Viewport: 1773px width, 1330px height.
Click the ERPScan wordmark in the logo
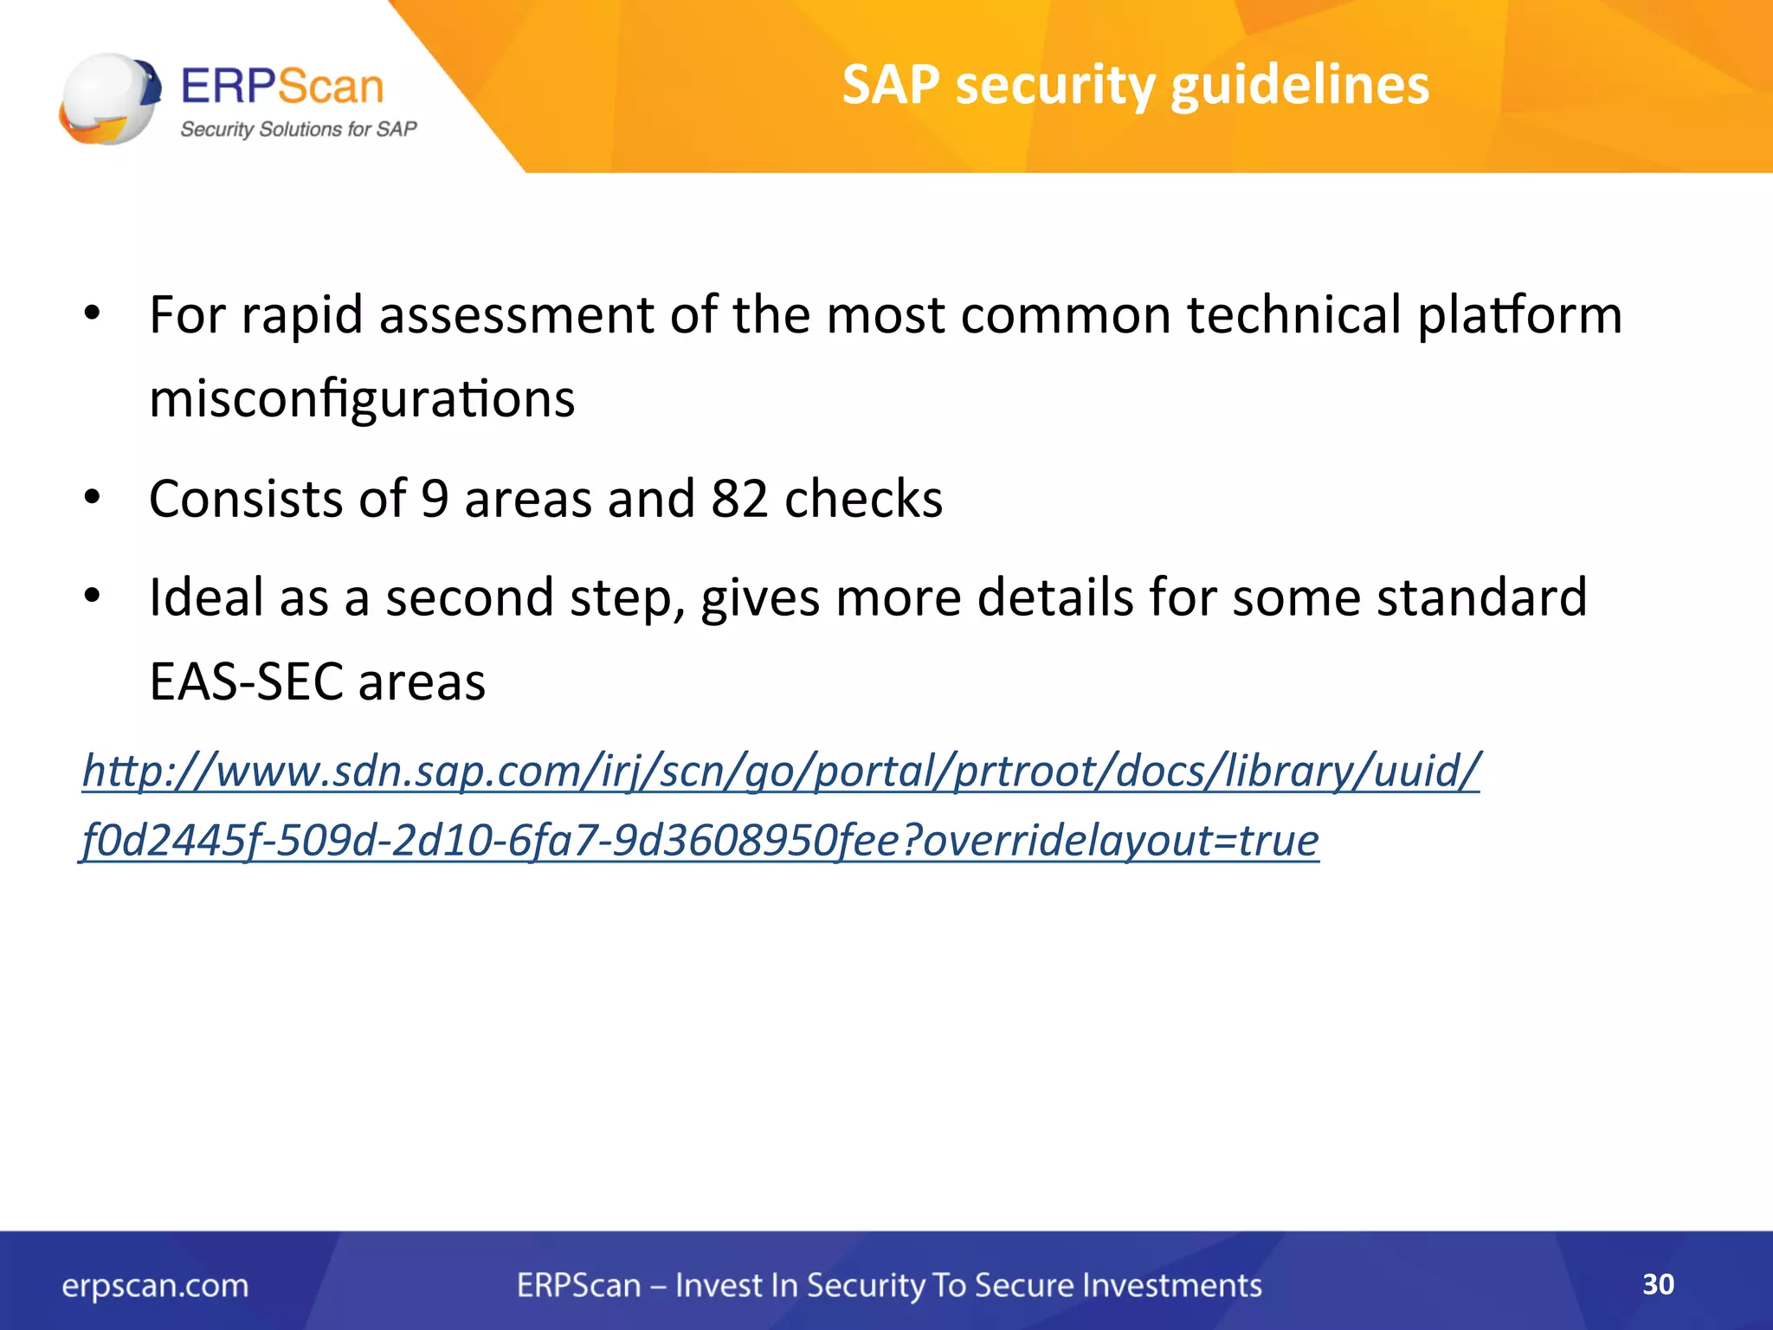(x=282, y=87)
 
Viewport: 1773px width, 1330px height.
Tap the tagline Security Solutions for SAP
(x=298, y=129)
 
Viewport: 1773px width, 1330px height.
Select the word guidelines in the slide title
(x=1299, y=87)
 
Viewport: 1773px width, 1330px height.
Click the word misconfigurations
(x=362, y=400)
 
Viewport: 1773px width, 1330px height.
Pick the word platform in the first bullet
(x=1519, y=314)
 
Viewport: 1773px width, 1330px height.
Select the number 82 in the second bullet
(x=739, y=499)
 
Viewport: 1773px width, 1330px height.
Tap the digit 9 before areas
(x=435, y=499)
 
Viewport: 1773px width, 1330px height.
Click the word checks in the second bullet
(x=863, y=499)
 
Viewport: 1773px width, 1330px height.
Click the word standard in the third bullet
(x=1481, y=597)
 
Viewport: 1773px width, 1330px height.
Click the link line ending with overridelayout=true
(x=700, y=841)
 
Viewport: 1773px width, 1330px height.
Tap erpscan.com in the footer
(x=155, y=1286)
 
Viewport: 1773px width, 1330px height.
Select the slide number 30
(x=1658, y=1284)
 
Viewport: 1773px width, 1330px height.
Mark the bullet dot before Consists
(x=93, y=498)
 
